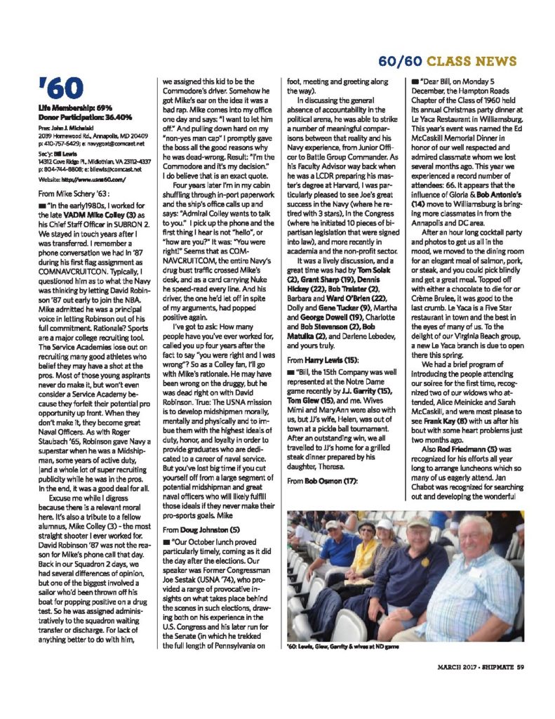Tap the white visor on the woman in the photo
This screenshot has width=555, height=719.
point(384,524)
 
